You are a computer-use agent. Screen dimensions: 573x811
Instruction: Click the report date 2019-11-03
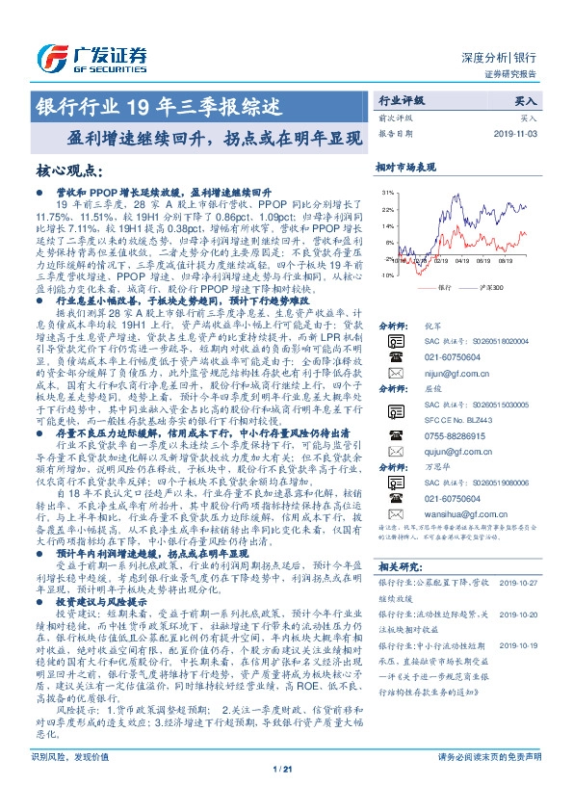click(x=519, y=135)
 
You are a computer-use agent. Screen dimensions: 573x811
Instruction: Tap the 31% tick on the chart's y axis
click(x=386, y=194)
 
